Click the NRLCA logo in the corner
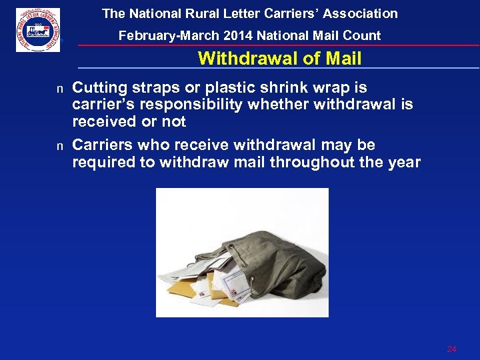pos(38,30)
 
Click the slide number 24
pos(451,349)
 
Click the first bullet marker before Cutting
pos(59,89)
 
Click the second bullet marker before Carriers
pos(59,146)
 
